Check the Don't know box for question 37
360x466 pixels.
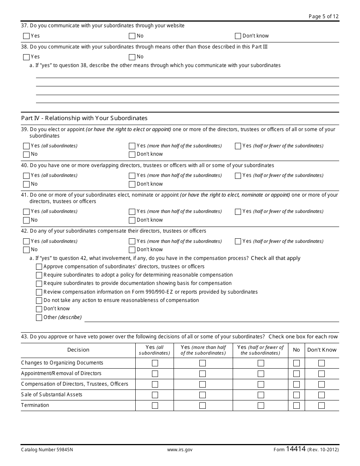(238, 36)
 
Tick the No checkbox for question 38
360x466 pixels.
(132, 57)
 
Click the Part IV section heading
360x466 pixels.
(84, 118)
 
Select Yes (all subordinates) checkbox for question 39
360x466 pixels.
(26, 146)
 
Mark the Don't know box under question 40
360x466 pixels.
(132, 185)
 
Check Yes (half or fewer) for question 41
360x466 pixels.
(238, 212)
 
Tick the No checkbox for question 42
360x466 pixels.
(26, 250)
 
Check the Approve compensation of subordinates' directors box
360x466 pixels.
(39, 267)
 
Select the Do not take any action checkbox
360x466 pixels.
(39, 301)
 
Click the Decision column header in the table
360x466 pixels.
(78, 350)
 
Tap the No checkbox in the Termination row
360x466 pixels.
(296, 405)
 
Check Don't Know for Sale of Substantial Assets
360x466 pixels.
(321, 395)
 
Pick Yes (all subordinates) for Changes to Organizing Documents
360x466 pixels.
(155, 363)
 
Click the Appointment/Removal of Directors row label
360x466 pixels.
(61, 374)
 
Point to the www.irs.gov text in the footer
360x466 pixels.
(180, 450)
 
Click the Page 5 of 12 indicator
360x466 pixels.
(324, 16)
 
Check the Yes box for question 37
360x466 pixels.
(26, 36)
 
